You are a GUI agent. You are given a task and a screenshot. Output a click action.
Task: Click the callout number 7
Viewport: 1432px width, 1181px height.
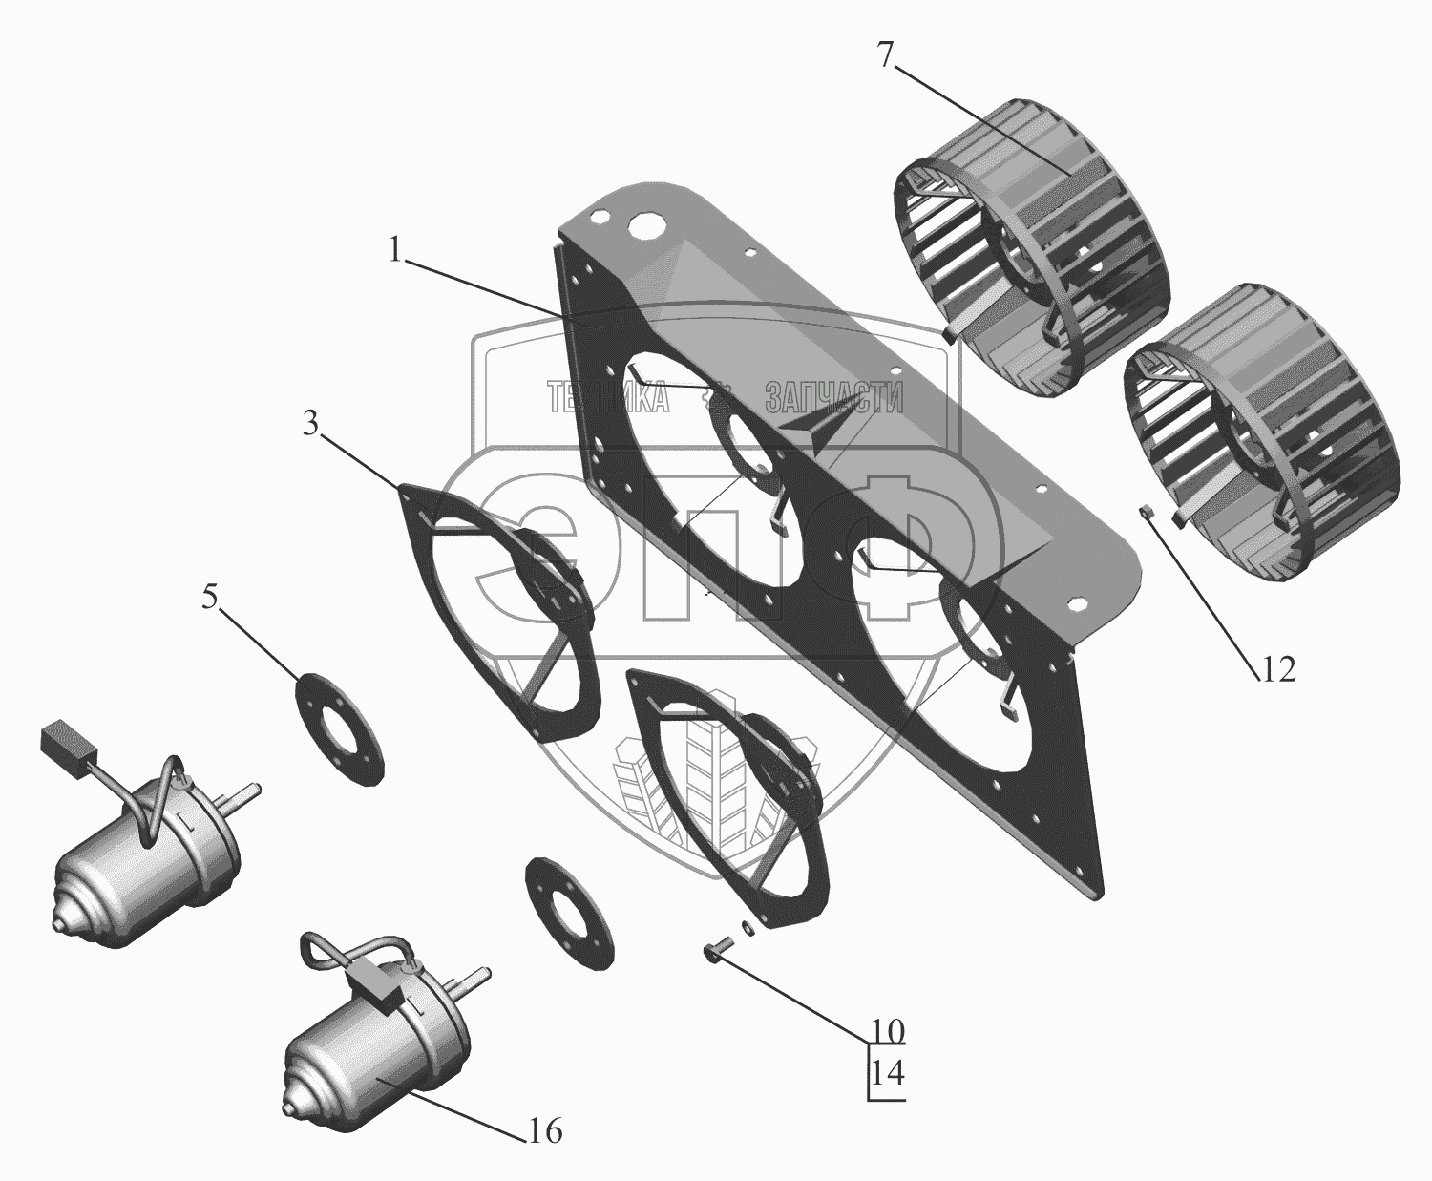[x=885, y=54]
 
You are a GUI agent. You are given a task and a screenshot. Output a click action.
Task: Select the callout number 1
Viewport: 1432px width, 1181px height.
[x=394, y=250]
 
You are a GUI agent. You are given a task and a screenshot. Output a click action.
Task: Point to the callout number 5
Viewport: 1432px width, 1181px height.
[x=210, y=598]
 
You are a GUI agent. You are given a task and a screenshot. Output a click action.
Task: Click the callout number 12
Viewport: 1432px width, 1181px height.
[x=1277, y=668]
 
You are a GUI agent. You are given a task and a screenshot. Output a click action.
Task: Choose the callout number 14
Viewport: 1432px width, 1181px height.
[x=888, y=1091]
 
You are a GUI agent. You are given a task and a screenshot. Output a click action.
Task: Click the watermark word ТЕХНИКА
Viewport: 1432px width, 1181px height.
[x=607, y=397]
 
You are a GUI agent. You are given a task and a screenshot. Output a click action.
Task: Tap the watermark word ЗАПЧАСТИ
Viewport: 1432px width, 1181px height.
[x=833, y=397]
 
